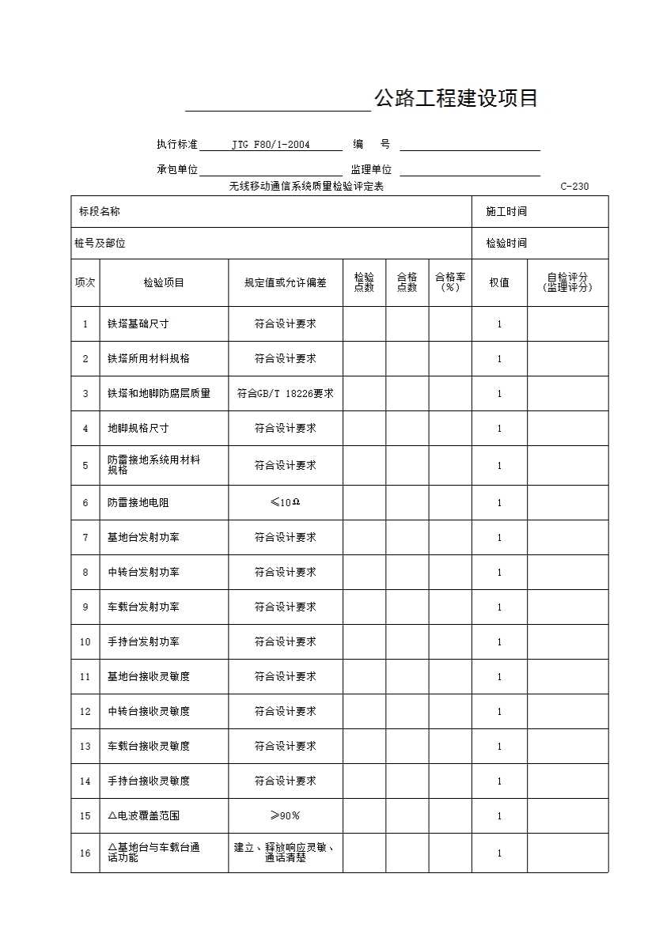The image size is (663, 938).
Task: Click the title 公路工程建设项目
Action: pos(456,98)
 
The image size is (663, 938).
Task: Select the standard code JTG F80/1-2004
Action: pos(271,145)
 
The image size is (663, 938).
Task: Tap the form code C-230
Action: pos(574,187)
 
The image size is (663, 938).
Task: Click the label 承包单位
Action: pos(177,169)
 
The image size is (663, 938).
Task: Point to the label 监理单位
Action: pos(371,169)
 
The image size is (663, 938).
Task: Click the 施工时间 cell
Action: pos(506,211)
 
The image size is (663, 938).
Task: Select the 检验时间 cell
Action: pos(506,243)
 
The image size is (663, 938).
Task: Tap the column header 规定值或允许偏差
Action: pos(285,282)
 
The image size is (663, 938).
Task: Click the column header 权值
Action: pos(498,282)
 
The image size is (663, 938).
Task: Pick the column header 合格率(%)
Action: pos(449,282)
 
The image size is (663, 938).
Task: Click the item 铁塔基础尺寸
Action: pos(138,323)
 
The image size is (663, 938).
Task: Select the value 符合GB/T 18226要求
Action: pos(285,393)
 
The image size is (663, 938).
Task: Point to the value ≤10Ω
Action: pos(285,502)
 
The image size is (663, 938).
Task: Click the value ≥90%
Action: pos(285,815)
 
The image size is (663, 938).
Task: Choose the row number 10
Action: pos(85,641)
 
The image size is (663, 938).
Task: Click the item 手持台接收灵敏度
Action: pos(149,781)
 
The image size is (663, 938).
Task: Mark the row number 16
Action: pos(85,853)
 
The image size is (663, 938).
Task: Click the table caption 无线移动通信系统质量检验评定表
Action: pos(306,187)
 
